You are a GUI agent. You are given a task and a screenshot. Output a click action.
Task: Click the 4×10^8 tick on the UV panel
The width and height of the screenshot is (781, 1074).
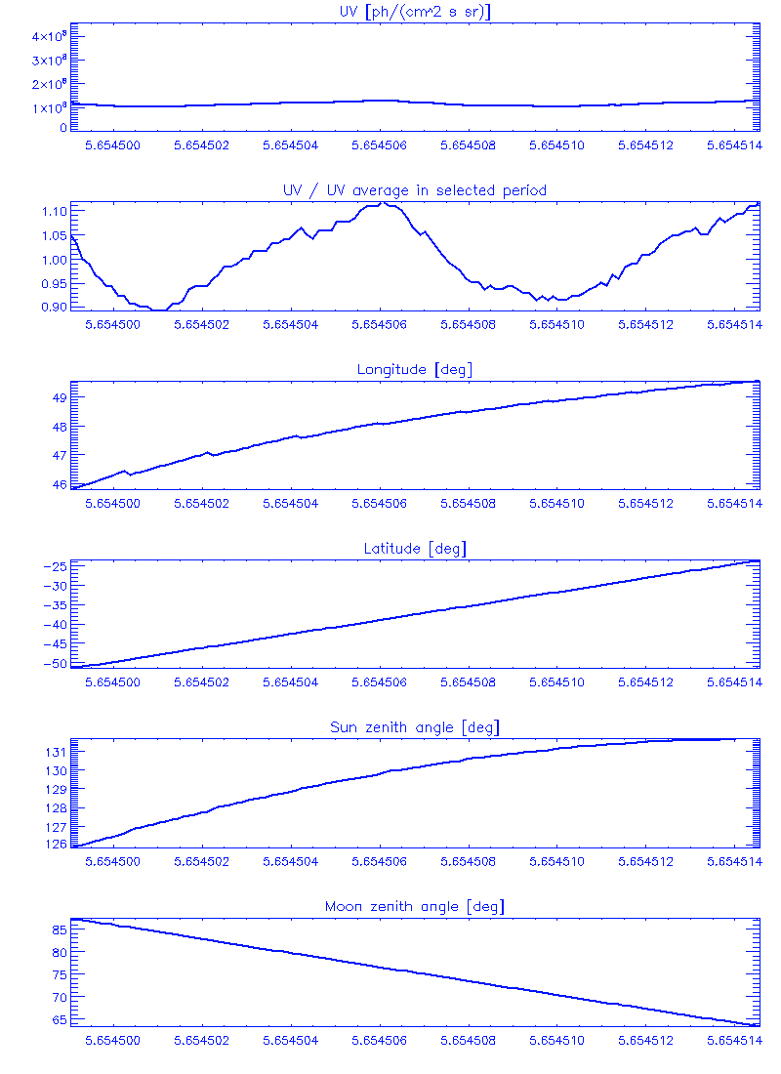[x=47, y=36]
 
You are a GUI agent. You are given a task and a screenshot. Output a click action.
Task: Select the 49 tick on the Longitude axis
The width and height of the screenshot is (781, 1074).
[x=59, y=397]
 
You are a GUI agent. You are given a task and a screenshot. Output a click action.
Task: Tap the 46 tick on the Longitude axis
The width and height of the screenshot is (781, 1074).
[x=59, y=484]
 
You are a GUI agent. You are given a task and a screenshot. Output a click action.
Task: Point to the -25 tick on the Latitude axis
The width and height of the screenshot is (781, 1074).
[x=54, y=566]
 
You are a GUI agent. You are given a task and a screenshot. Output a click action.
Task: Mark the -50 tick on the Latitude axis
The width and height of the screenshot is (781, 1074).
[x=54, y=664]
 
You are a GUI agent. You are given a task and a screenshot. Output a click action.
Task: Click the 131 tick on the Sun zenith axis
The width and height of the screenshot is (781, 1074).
[x=55, y=752]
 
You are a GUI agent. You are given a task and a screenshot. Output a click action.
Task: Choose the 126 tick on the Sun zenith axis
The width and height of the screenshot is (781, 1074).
[x=55, y=845]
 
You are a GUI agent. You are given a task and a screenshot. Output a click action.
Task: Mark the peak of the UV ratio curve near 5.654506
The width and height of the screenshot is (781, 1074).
[x=383, y=203]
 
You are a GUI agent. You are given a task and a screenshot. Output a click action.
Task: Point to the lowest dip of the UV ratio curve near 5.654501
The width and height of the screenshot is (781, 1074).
[x=159, y=310]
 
